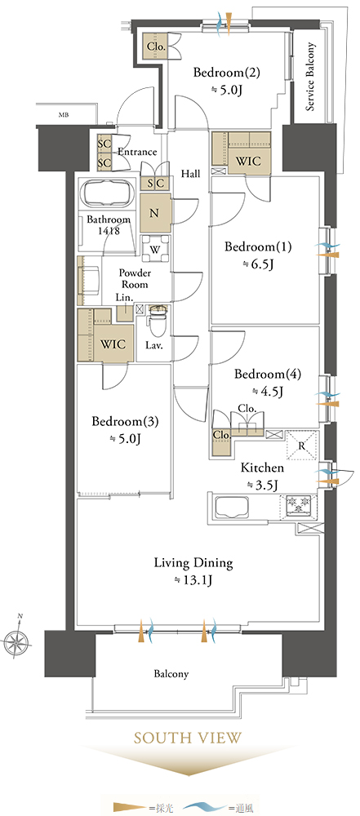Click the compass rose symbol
[16, 638]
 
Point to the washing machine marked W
[156, 248]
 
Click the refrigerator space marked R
[303, 446]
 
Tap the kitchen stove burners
[299, 505]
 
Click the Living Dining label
[193, 562]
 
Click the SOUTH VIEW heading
[188, 738]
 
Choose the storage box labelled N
[155, 212]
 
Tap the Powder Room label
[134, 278]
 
